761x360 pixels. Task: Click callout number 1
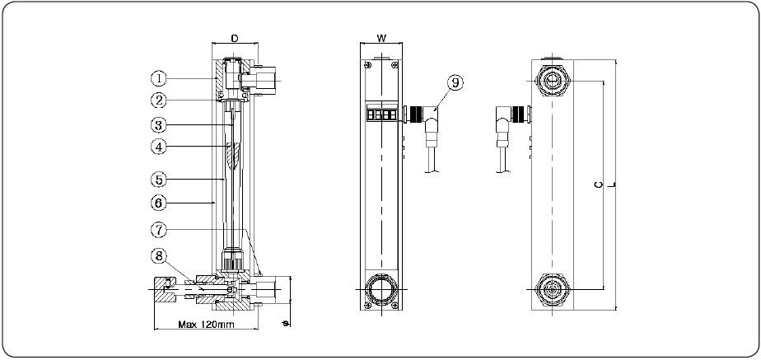[x=159, y=79]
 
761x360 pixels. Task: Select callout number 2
[x=159, y=101]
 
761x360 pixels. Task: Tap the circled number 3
[x=159, y=125]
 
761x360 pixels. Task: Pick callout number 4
[x=159, y=147]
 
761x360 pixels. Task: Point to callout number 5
[x=159, y=177]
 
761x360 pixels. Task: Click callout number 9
[x=455, y=82]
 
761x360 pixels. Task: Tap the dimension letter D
[x=234, y=39]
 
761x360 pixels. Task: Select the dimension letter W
[x=381, y=39]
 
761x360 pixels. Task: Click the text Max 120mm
[x=207, y=325]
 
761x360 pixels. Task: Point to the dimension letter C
[x=597, y=185]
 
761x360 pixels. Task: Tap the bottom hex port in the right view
[x=551, y=290]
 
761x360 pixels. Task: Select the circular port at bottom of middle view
[x=381, y=290]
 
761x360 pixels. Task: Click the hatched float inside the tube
[x=232, y=154]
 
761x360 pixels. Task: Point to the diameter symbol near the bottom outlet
[x=285, y=323]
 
